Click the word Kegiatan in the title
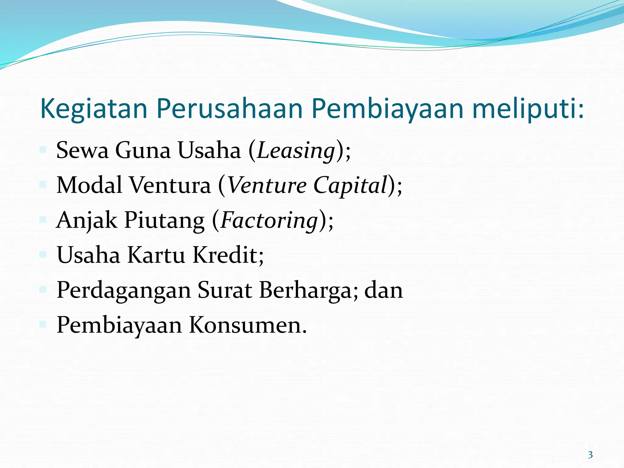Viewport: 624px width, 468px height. pos(94,109)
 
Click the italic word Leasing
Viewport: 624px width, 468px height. pos(296,151)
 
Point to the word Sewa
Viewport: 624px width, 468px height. pos(82,150)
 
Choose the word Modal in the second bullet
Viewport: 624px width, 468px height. pos(89,185)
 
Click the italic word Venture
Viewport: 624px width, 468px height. pos(267,185)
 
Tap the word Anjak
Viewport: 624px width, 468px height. pos(87,220)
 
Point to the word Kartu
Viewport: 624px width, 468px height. pos(156,255)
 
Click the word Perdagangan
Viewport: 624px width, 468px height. pos(124,290)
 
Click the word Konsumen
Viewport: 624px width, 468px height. pos(247,325)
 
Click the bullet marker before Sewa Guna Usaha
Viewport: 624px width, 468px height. pos(43,149)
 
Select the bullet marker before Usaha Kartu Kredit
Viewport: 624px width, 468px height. pos(43,254)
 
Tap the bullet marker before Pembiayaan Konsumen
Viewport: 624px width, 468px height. pos(43,324)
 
